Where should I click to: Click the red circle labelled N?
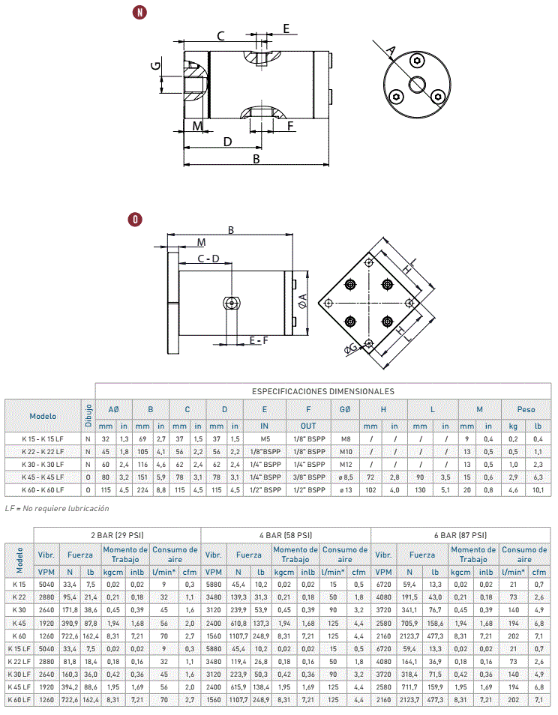(x=139, y=12)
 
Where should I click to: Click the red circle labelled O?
(x=135, y=220)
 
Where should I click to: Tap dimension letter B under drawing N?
(x=256, y=159)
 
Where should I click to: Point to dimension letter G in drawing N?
(x=156, y=65)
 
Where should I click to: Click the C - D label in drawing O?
(x=208, y=259)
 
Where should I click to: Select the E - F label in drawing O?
(x=259, y=340)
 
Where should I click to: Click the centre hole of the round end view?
(x=416, y=85)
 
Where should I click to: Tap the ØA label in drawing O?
(x=302, y=301)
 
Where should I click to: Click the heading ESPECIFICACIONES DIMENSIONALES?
(x=323, y=391)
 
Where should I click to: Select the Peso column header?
(x=526, y=409)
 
